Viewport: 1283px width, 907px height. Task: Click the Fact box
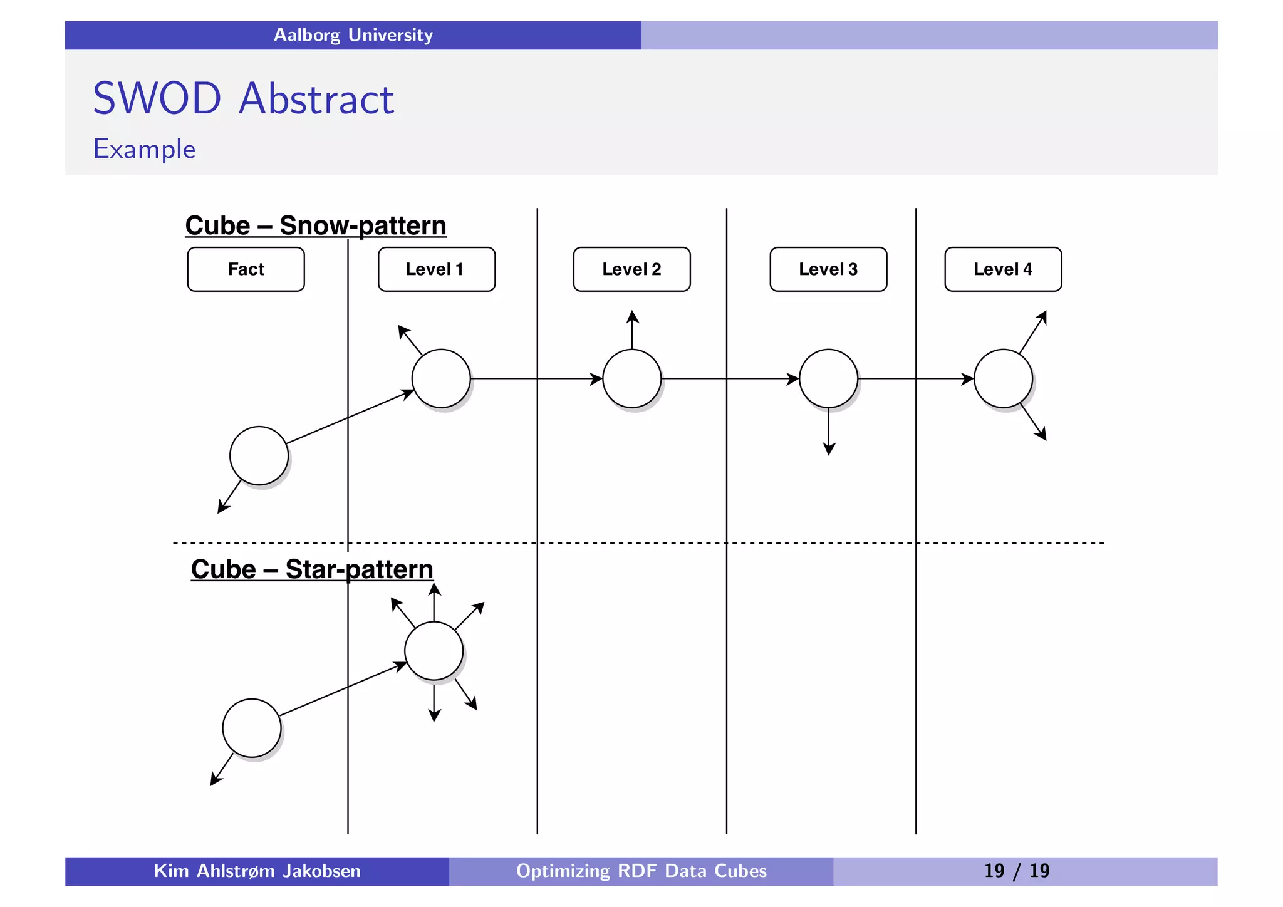pos(246,269)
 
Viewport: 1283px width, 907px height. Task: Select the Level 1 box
pos(436,269)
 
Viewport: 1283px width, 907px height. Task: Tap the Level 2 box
pos(631,269)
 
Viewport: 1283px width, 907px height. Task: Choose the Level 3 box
pos(828,269)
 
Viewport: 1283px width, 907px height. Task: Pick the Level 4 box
pos(1003,269)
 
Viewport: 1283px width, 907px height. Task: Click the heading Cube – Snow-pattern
pos(316,225)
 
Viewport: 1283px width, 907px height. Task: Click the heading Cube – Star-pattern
pos(312,569)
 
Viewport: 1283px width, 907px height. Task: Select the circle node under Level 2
pos(631,378)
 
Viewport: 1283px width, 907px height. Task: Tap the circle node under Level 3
pos(828,378)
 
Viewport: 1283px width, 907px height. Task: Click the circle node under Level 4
pos(1003,378)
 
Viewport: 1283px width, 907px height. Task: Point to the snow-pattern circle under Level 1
pos(441,378)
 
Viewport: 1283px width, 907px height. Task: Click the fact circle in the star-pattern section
pos(252,728)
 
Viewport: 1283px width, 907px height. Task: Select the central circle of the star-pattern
pos(434,651)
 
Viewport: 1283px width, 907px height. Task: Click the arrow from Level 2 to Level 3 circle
pos(730,378)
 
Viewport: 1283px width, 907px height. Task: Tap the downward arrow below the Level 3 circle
pos(829,432)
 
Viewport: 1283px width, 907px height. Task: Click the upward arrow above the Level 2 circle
pos(632,329)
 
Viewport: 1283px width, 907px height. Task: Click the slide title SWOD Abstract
pos(243,99)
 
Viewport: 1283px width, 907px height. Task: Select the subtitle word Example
pos(144,150)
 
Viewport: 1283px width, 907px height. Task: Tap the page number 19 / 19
pos(1016,871)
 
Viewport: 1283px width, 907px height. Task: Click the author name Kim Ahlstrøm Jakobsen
pos(257,871)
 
